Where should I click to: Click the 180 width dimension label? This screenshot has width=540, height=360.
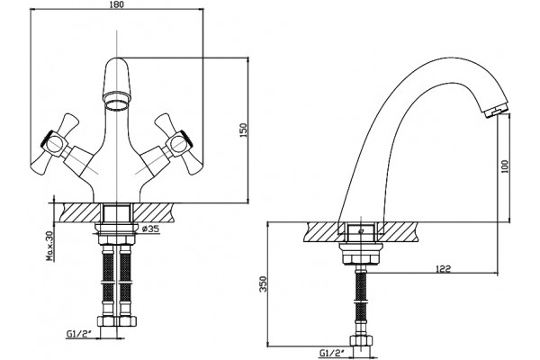click(117, 4)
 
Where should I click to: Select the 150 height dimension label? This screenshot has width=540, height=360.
click(244, 130)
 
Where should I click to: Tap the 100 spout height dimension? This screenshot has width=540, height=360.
click(505, 166)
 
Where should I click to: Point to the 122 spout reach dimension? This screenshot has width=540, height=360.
click(443, 268)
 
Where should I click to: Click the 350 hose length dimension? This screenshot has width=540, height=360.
click(263, 283)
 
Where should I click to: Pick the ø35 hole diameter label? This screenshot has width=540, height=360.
click(151, 229)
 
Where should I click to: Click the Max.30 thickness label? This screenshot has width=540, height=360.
click(50, 246)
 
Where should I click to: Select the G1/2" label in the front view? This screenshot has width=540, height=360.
click(79, 334)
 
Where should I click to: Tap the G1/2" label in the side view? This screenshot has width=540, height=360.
click(331, 353)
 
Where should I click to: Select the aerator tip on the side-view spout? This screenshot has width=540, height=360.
click(496, 111)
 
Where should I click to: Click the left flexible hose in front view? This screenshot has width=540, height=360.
click(108, 278)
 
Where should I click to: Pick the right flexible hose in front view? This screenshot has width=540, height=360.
click(125, 278)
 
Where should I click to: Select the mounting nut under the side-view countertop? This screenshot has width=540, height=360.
click(361, 254)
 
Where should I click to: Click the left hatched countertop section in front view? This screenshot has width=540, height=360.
click(81, 212)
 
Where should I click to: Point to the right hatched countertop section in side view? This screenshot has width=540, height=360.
click(399, 232)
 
